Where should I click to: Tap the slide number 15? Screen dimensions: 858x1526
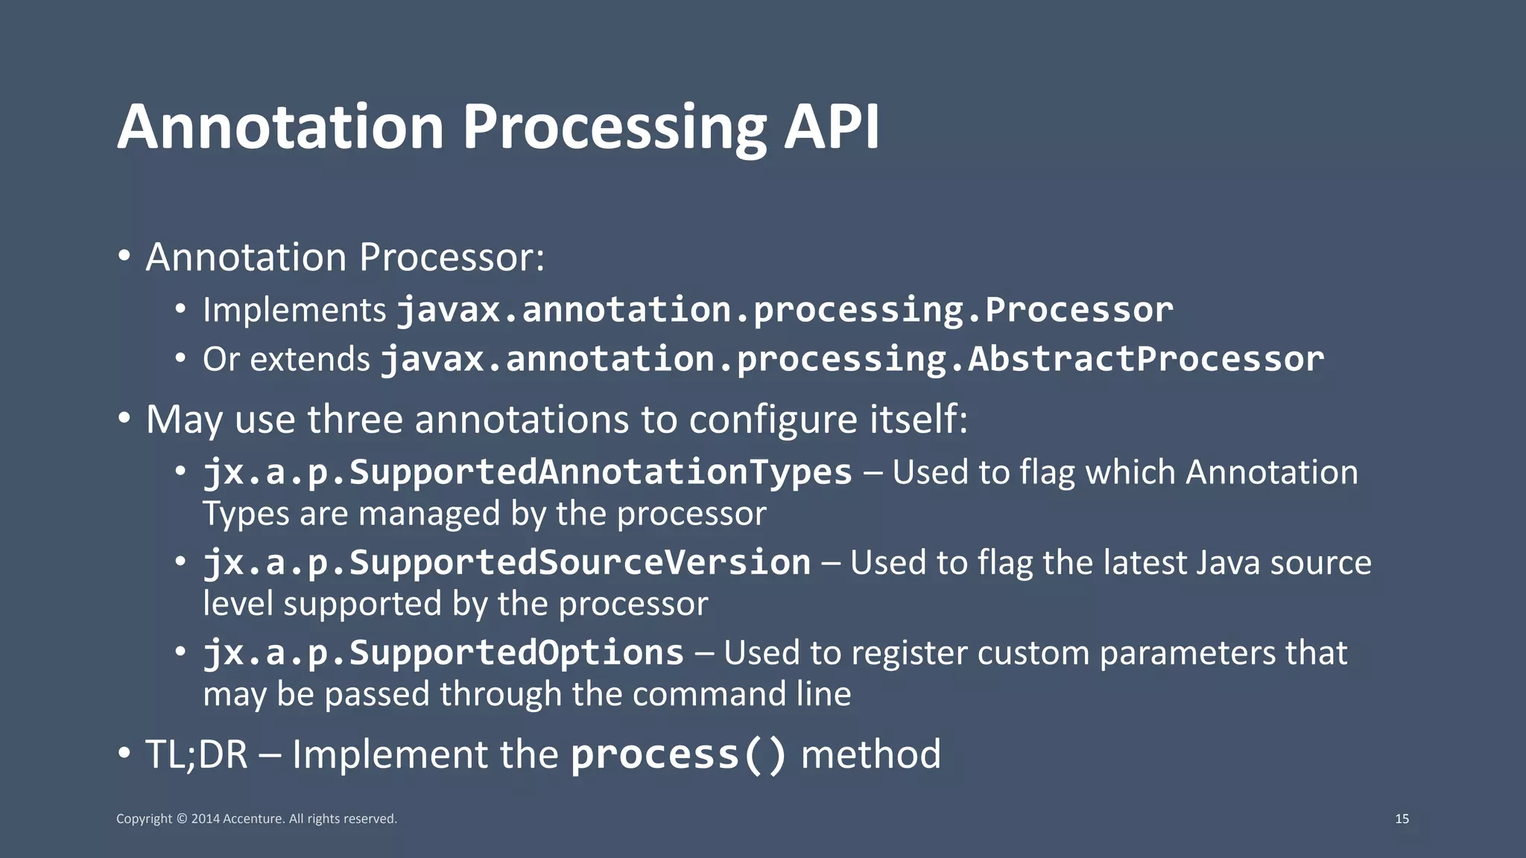[x=1402, y=819]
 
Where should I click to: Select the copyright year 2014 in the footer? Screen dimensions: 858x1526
[x=205, y=819]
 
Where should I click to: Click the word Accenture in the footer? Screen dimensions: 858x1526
[x=253, y=819]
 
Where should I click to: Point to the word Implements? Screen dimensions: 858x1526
[x=294, y=311]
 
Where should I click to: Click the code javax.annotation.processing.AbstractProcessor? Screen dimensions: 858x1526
[x=852, y=359]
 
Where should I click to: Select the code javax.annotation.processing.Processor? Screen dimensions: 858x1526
[x=785, y=310]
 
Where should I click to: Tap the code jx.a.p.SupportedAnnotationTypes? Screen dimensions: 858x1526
[x=528, y=472]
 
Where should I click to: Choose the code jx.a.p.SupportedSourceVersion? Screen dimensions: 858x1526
[x=507, y=562]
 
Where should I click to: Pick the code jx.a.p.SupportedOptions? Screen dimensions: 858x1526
[x=443, y=652]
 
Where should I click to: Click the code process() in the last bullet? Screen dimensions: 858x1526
[x=678, y=754]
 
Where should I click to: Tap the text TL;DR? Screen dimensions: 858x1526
[x=196, y=754]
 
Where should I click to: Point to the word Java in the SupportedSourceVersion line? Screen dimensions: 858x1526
[x=1229, y=562]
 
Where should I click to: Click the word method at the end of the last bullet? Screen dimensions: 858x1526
[x=870, y=754]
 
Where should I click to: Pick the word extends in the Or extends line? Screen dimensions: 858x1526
[x=309, y=360]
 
